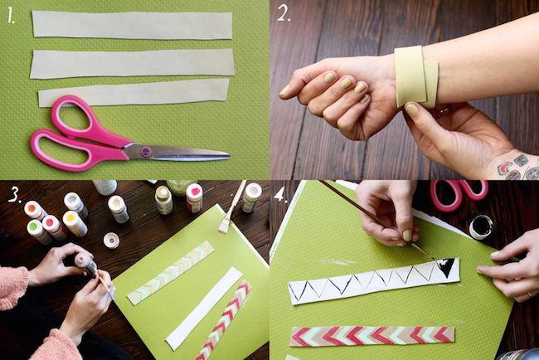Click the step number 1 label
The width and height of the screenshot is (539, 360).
(11, 16)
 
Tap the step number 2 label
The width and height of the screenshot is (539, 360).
(284, 14)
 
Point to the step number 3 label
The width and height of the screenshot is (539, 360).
(15, 195)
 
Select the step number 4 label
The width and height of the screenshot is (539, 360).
(280, 196)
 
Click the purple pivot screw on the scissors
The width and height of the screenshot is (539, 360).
(146, 151)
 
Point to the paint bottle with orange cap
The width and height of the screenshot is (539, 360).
(35, 210)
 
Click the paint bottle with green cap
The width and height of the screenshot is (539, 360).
(38, 231)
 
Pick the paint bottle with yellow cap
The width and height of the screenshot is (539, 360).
(75, 223)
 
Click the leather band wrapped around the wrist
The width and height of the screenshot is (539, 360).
(415, 76)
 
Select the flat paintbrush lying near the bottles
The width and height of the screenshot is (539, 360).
(232, 207)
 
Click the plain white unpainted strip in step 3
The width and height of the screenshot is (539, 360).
(205, 308)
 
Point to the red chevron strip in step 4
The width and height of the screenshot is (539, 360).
(372, 336)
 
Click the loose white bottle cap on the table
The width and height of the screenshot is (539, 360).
(111, 240)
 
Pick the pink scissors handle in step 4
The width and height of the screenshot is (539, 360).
(459, 194)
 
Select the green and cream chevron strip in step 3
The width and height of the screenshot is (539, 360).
(171, 273)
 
